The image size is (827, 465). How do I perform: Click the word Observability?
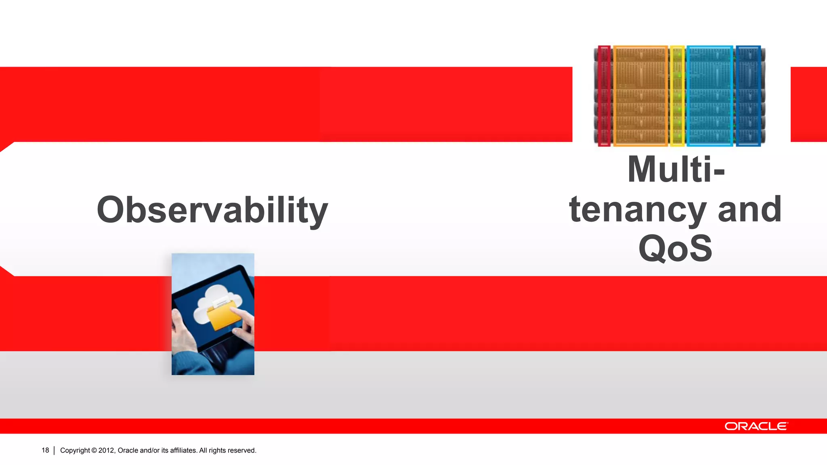click(212, 210)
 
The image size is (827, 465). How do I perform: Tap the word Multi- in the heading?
click(676, 170)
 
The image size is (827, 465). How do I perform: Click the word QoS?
click(676, 248)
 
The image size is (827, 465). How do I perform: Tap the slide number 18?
click(45, 450)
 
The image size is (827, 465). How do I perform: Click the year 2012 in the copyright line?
click(107, 450)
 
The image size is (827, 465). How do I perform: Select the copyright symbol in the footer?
click(94, 450)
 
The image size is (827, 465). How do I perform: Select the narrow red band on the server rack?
click(604, 96)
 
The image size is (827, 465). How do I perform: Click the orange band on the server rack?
click(640, 96)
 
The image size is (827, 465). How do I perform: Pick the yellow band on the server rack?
click(677, 96)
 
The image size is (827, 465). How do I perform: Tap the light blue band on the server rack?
click(710, 96)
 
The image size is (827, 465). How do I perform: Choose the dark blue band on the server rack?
click(748, 96)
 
